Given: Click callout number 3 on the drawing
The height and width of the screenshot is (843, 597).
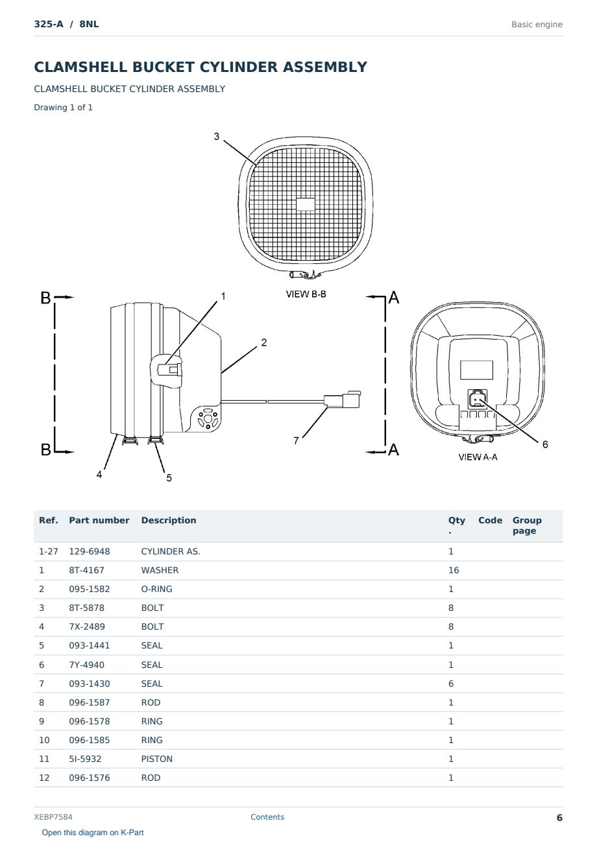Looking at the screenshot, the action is point(216,136).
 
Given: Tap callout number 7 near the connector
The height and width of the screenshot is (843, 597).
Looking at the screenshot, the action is point(296,440).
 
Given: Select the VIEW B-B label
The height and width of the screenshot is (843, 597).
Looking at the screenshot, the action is point(306,294).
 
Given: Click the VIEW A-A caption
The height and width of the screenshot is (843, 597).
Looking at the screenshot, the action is point(478,457).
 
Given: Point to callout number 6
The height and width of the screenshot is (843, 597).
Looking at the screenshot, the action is point(545,444).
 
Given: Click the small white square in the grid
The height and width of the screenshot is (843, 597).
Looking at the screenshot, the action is point(305,204).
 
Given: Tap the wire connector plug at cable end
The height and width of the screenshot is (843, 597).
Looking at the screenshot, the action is point(342,399).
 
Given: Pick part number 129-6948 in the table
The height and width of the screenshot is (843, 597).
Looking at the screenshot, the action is point(90,551).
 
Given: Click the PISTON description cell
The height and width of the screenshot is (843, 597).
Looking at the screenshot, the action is point(156,759).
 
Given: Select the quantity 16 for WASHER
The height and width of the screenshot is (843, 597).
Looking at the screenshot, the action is point(454,570).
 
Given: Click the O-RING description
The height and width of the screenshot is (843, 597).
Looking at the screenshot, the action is point(156,589).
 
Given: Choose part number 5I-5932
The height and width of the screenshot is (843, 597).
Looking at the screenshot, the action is point(85,759).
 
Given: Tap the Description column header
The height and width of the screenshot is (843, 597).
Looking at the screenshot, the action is point(169,520).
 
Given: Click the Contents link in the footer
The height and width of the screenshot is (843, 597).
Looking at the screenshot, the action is point(267,817).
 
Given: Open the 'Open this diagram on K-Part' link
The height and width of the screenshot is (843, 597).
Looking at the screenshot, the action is point(93,833).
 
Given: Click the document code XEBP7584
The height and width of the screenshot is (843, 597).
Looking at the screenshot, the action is point(53,817).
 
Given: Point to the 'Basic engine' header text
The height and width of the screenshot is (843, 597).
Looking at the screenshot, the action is point(537,25).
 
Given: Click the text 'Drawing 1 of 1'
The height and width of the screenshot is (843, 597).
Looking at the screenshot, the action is point(64,107).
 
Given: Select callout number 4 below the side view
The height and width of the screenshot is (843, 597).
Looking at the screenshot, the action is point(99,474).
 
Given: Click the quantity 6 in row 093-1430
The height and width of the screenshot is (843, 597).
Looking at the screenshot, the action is point(451,683).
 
